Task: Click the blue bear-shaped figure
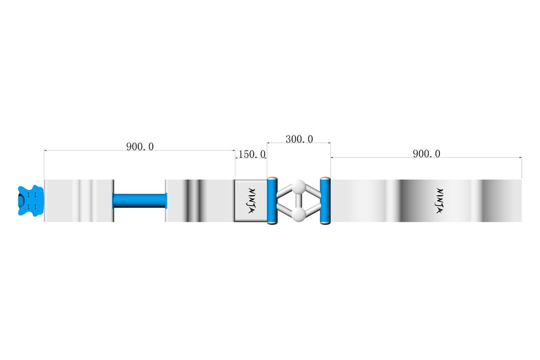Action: (31, 201)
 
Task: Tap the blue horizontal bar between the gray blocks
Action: (140, 201)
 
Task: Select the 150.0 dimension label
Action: (252, 154)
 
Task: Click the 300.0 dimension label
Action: (299, 139)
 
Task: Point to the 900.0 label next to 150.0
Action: (140, 147)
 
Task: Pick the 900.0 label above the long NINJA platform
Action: (427, 153)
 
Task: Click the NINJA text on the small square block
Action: (252, 201)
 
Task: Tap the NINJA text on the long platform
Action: (439, 201)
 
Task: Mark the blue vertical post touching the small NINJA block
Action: (272, 201)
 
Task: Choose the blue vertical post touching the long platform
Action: (325, 201)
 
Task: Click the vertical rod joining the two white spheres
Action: (299, 201)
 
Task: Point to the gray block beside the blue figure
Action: (79, 201)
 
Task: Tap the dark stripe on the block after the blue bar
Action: (193, 201)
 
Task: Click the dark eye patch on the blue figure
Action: (22, 201)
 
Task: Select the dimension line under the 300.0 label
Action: (299, 142)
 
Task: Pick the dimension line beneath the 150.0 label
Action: (251, 158)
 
